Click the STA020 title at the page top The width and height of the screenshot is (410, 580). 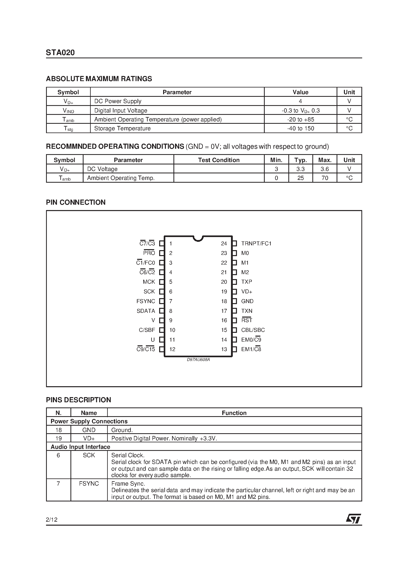pos(60,53)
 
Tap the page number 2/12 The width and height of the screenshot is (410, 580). pos(52,520)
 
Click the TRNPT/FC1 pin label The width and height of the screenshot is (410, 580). pos(256,244)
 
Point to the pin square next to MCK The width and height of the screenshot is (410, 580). pos(162,282)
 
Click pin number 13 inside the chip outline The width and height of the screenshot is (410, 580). pos(224,349)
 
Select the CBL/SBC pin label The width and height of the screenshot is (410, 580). pos(253,330)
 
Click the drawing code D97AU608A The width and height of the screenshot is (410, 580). pos(198,360)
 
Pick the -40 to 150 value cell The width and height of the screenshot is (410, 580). pos(300,129)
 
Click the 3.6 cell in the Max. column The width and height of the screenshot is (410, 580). pos(324,169)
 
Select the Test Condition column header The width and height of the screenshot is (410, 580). pos(219,160)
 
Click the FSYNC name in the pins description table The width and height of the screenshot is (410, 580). pos(89,484)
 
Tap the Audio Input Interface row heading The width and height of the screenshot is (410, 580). pos(80,447)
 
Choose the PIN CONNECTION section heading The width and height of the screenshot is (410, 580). pos(76,202)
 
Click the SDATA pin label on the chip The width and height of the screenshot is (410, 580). pos(146,311)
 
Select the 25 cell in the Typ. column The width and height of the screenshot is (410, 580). pos(300,178)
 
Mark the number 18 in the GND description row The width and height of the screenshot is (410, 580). pos(58,430)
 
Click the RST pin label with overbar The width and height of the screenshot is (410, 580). pos(247,320)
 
